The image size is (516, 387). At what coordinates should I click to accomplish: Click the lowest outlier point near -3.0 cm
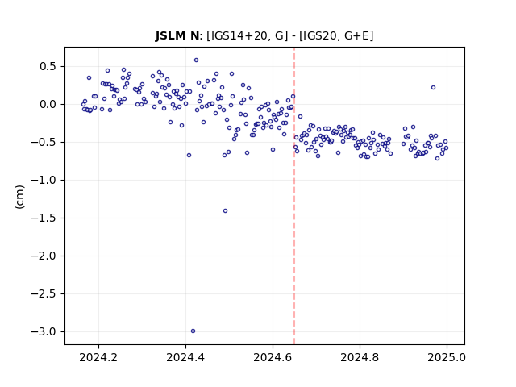pos(193,331)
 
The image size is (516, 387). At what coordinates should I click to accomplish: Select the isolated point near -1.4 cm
pos(226,211)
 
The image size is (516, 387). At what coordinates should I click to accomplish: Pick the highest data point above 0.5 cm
pos(197,60)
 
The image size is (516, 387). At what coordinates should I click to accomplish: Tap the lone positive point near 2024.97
pos(434,88)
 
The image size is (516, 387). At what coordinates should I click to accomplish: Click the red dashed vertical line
pos(294,196)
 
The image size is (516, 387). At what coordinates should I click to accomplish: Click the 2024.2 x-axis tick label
pos(98,357)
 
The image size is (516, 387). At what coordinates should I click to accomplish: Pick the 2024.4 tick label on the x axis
pos(185,357)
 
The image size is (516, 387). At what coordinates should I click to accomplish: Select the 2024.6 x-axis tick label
pos(273,357)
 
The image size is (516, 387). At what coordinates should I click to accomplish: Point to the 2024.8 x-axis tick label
pos(360,357)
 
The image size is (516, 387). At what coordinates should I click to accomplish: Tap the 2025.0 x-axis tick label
pos(447,357)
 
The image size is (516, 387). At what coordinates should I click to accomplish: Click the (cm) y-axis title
pos(19,197)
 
